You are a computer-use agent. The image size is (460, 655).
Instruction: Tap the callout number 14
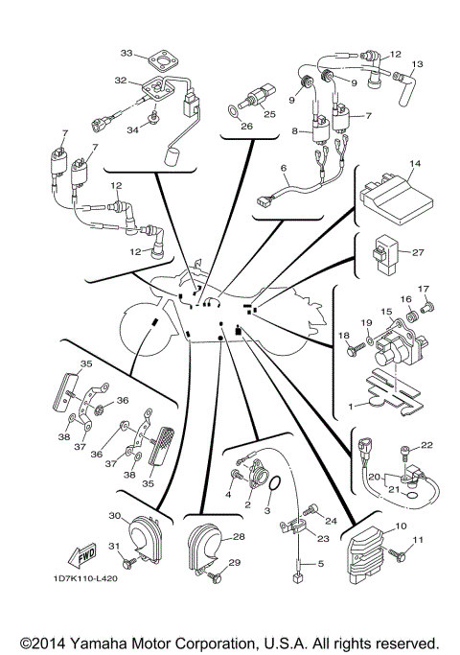pyautogui.click(x=414, y=165)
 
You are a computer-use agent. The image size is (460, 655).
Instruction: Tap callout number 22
pyautogui.click(x=427, y=444)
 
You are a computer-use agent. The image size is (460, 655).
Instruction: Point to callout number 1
pyautogui.click(x=351, y=406)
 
